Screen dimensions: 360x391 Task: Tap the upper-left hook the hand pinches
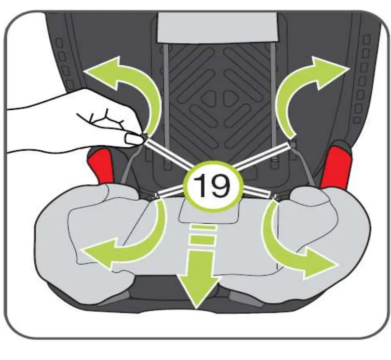[145, 137]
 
